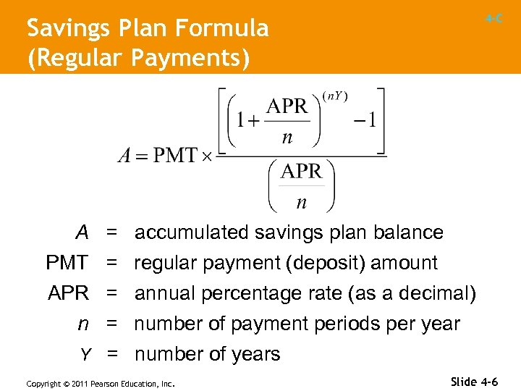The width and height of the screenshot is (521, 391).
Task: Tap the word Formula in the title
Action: [x=228, y=29]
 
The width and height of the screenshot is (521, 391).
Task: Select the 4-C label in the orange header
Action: [x=494, y=20]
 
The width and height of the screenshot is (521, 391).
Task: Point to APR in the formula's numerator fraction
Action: [x=287, y=106]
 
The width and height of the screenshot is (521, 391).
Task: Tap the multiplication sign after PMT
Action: [x=207, y=157]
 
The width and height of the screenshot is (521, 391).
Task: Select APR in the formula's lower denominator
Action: [x=301, y=172]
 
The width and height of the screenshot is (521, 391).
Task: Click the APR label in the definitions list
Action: [x=68, y=293]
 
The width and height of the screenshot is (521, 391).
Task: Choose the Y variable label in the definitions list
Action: [x=85, y=354]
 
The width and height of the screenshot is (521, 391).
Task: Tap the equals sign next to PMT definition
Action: [x=112, y=263]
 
